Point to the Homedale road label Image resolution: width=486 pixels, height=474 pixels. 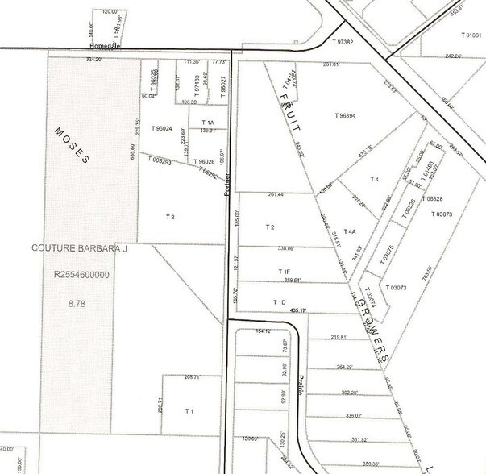105,46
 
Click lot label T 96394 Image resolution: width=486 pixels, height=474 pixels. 346,115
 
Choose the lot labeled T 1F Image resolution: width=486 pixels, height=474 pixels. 284,272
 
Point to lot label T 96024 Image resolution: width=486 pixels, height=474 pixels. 165,127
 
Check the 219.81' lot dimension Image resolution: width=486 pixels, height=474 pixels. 343,338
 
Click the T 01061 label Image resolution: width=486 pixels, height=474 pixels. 471,36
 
